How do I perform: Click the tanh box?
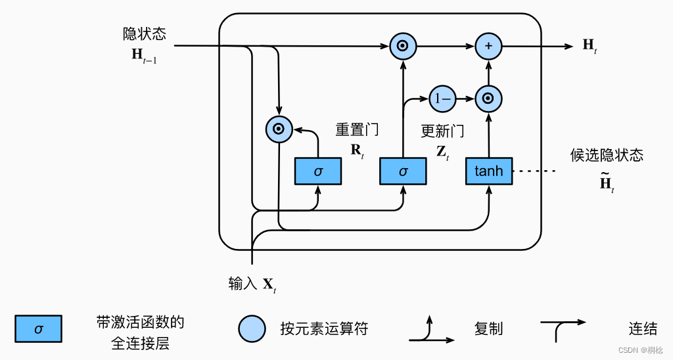[488, 171]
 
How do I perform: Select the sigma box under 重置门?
[318, 171]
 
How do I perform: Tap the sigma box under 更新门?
[403, 171]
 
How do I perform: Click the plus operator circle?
[488, 46]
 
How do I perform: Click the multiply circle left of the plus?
[402, 46]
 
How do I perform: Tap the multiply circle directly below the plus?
[488, 99]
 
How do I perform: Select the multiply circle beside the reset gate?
[279, 129]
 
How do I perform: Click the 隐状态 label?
[144, 34]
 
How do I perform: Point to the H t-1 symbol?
[144, 56]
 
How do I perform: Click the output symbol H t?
[590, 45]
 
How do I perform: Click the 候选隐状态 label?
[606, 155]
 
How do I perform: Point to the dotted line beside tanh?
[534, 171]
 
